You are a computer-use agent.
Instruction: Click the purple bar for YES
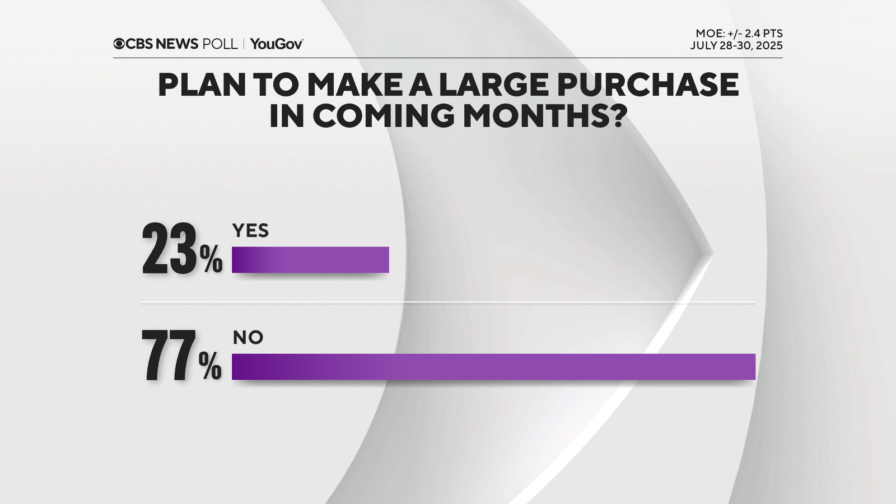(x=310, y=260)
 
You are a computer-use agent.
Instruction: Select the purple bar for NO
(x=493, y=367)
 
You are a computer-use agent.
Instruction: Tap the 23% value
(x=181, y=250)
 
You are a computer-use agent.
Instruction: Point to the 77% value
(x=181, y=356)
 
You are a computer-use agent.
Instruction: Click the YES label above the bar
(x=250, y=231)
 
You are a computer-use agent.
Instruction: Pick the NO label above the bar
(x=248, y=338)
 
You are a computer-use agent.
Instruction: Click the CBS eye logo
(x=119, y=44)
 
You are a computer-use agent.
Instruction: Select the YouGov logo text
(x=277, y=44)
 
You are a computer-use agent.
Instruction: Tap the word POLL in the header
(x=220, y=44)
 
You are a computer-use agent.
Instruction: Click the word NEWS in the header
(x=177, y=44)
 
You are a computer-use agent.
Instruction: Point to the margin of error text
(x=739, y=34)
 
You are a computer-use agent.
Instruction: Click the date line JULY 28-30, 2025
(x=736, y=46)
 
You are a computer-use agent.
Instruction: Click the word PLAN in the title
(x=202, y=85)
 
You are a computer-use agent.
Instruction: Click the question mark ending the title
(x=617, y=115)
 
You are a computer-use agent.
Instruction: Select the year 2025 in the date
(x=769, y=46)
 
